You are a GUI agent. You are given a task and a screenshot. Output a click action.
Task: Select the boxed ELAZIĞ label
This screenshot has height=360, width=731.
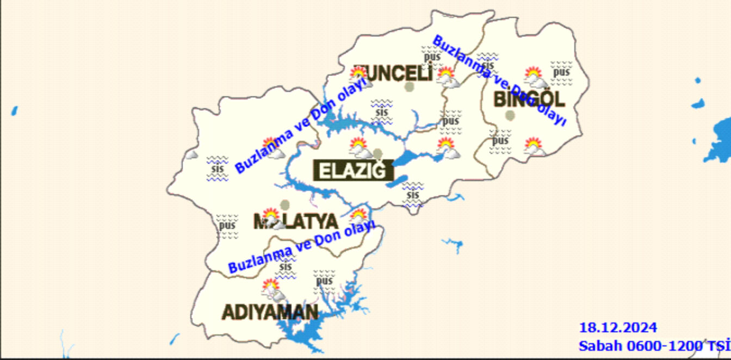point(354,171)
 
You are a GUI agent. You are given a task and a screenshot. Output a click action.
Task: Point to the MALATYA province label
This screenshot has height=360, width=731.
point(296,221)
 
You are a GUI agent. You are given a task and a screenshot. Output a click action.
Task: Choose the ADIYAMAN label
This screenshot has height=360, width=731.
point(270,312)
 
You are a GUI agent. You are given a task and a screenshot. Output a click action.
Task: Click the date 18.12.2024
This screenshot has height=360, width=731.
point(618,328)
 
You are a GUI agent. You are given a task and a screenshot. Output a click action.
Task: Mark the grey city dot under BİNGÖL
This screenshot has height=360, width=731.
point(510,115)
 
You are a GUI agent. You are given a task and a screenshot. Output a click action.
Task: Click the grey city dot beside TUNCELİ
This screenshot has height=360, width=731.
point(410,87)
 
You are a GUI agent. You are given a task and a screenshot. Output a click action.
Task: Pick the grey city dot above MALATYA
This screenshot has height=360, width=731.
point(285,204)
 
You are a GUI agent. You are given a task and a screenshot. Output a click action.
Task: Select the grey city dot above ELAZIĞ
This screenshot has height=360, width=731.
point(378,153)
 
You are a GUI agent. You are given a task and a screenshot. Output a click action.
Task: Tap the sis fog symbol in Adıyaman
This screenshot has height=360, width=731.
point(286,266)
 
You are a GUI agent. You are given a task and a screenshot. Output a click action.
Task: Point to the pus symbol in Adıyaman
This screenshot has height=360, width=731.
point(324,281)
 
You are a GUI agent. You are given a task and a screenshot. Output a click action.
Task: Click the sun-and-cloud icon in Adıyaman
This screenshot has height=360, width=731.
point(271,290)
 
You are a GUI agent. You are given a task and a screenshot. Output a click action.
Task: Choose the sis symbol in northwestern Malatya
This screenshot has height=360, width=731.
point(218,168)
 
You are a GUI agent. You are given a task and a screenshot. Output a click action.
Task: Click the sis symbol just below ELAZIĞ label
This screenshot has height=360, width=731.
point(413,195)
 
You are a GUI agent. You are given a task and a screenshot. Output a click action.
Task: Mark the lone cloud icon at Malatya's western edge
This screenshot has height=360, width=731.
point(191,154)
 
